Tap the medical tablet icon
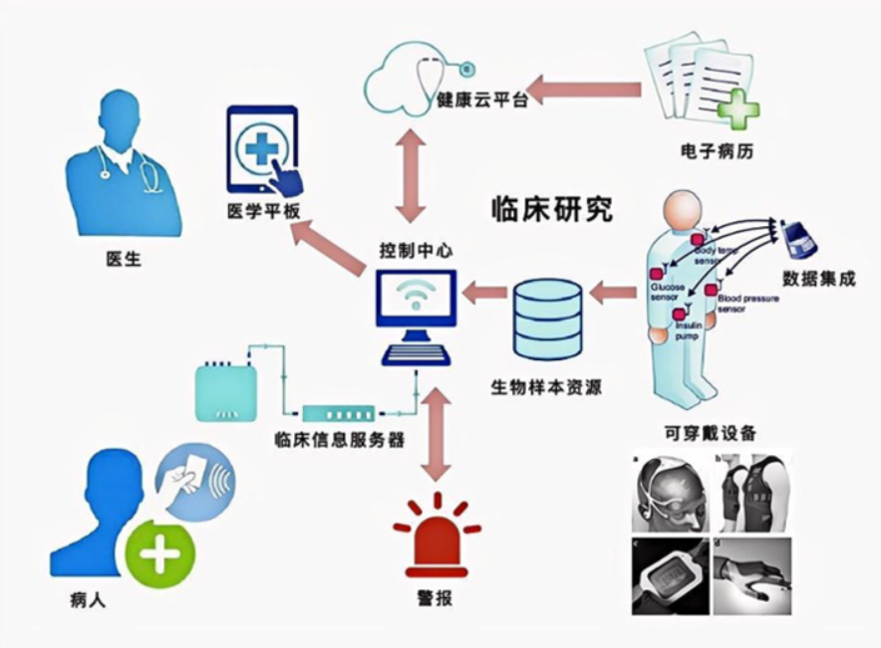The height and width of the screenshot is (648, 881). tap(263, 150)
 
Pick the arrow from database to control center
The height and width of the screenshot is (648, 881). tap(485, 293)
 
